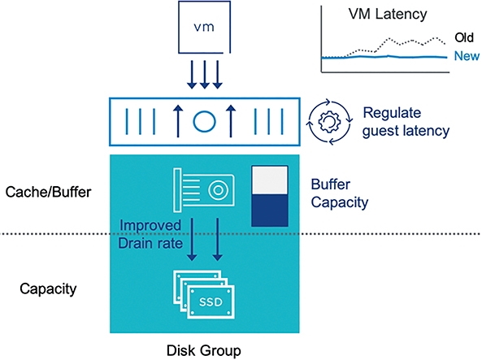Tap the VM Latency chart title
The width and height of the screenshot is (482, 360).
(x=388, y=14)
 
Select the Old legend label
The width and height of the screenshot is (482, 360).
(x=464, y=37)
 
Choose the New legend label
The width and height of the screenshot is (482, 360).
(x=467, y=56)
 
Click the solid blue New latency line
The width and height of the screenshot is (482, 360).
(x=384, y=57)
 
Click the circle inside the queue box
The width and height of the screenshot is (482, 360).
(x=204, y=121)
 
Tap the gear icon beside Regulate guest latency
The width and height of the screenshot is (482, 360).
(x=329, y=122)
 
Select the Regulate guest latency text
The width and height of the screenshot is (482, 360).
(x=406, y=122)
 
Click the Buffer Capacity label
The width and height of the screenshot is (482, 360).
(x=340, y=193)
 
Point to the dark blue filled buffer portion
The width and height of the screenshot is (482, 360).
(x=270, y=210)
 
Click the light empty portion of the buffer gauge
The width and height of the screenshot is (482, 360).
(x=270, y=180)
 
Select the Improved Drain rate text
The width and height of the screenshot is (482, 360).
(x=150, y=234)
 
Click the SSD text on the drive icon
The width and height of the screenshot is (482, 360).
(x=211, y=301)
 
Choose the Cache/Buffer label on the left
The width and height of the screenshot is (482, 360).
(x=48, y=192)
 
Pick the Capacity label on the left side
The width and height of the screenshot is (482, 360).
(x=48, y=289)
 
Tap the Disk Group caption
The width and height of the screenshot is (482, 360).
(x=204, y=351)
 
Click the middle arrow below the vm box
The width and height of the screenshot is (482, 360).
(x=204, y=75)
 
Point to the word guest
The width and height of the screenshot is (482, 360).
(x=380, y=132)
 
